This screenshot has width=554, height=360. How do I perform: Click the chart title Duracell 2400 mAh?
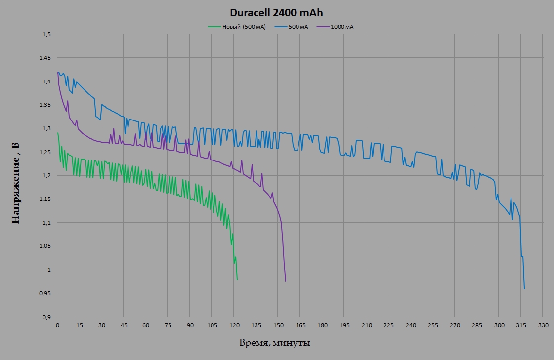click(276, 13)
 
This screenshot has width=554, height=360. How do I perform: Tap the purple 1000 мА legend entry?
click(342, 27)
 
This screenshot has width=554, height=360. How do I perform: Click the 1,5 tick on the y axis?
click(47, 35)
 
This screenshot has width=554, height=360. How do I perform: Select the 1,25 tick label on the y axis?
click(45, 152)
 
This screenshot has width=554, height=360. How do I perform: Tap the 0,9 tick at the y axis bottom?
click(47, 317)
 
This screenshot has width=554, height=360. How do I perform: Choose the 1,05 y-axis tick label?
click(45, 246)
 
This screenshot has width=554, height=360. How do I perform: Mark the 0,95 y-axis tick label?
click(45, 293)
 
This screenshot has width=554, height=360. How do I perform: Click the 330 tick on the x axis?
click(543, 325)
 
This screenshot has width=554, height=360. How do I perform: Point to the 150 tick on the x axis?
click(278, 325)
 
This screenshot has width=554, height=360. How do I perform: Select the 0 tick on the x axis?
click(57, 325)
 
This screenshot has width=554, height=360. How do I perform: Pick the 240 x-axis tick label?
click(410, 325)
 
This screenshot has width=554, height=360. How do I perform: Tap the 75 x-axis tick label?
click(168, 325)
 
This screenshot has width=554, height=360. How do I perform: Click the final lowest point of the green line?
click(237, 280)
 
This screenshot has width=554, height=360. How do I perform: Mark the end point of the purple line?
click(286, 281)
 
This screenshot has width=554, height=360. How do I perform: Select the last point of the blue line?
click(524, 289)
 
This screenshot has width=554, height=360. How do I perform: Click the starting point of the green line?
click(57, 133)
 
